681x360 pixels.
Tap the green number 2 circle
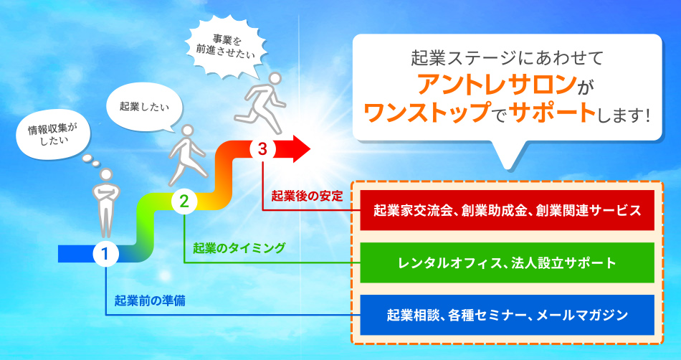click(x=184, y=201)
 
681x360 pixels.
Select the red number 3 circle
click(x=262, y=149)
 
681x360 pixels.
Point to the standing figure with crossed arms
click(x=105, y=203)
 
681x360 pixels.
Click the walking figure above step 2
click(x=187, y=156)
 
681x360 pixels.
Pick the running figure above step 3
click(x=261, y=103)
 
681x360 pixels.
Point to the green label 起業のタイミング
click(x=239, y=248)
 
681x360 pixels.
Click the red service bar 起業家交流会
click(x=507, y=210)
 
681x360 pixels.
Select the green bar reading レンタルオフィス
click(x=507, y=262)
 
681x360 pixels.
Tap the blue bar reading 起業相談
click(x=507, y=315)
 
